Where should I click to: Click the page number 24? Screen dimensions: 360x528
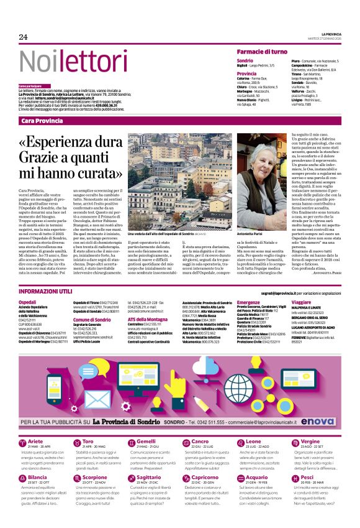pos(24,37)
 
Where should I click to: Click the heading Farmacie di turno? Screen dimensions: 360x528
pos(262,52)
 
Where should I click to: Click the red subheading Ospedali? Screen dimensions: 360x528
pos(28,302)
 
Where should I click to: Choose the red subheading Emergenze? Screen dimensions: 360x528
pos(248,302)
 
